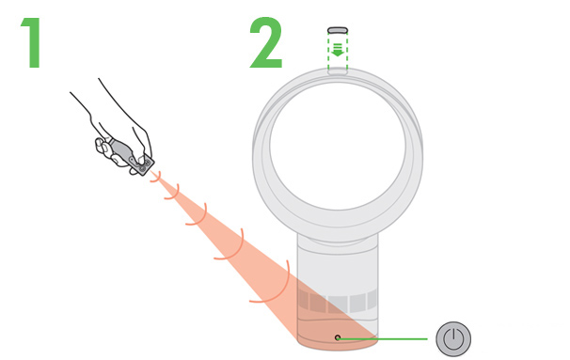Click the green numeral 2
[x=266, y=42]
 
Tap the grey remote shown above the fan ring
[x=338, y=30]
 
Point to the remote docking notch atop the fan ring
[x=338, y=71]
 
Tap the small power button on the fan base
[x=338, y=337]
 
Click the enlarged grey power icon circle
[x=453, y=338]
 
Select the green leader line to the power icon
[x=383, y=339]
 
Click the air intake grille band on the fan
[x=338, y=302]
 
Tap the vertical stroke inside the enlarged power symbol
[x=453, y=335]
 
